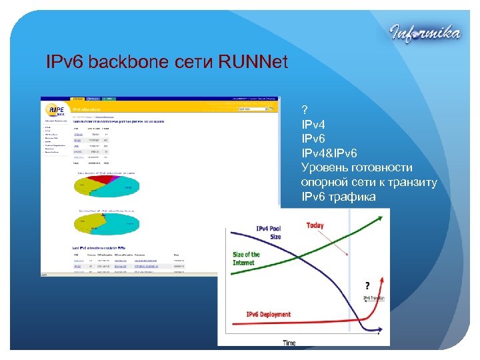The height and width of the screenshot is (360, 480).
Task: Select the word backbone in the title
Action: [126, 63]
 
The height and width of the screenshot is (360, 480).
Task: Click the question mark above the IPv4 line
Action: [305, 109]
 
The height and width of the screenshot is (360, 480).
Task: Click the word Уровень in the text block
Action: [325, 167]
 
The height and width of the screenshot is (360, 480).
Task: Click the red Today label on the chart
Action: [315, 225]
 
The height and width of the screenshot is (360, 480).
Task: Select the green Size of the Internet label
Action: [246, 259]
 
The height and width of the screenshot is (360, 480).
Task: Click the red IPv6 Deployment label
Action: [269, 314]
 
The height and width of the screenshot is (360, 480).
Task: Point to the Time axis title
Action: [289, 343]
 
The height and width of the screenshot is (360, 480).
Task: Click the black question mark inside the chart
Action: [367, 285]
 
